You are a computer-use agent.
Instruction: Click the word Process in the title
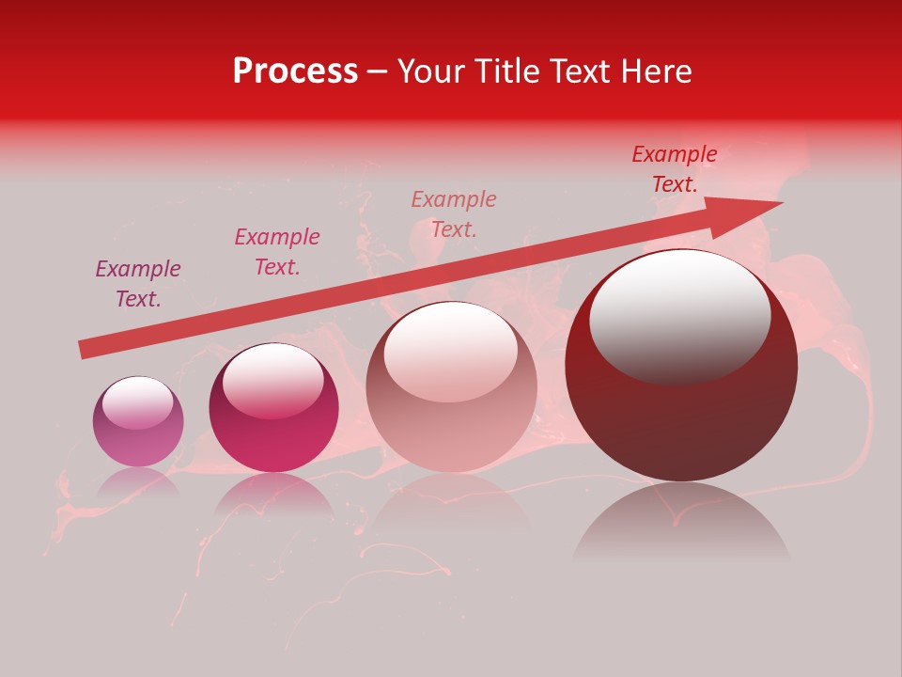[x=295, y=71]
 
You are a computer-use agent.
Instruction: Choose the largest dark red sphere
[x=681, y=414]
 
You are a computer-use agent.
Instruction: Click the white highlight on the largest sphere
[x=679, y=315]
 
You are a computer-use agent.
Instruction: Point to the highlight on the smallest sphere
[x=137, y=403]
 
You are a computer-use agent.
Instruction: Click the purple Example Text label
[x=138, y=284]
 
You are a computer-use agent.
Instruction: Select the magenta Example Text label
[x=277, y=252]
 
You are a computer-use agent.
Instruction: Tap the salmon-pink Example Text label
[x=454, y=213]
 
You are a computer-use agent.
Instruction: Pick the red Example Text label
[x=675, y=169]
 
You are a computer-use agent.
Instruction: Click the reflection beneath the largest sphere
[x=681, y=522]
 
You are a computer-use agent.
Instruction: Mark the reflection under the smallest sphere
[x=138, y=481]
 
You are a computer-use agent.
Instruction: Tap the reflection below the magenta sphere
[x=273, y=493]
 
